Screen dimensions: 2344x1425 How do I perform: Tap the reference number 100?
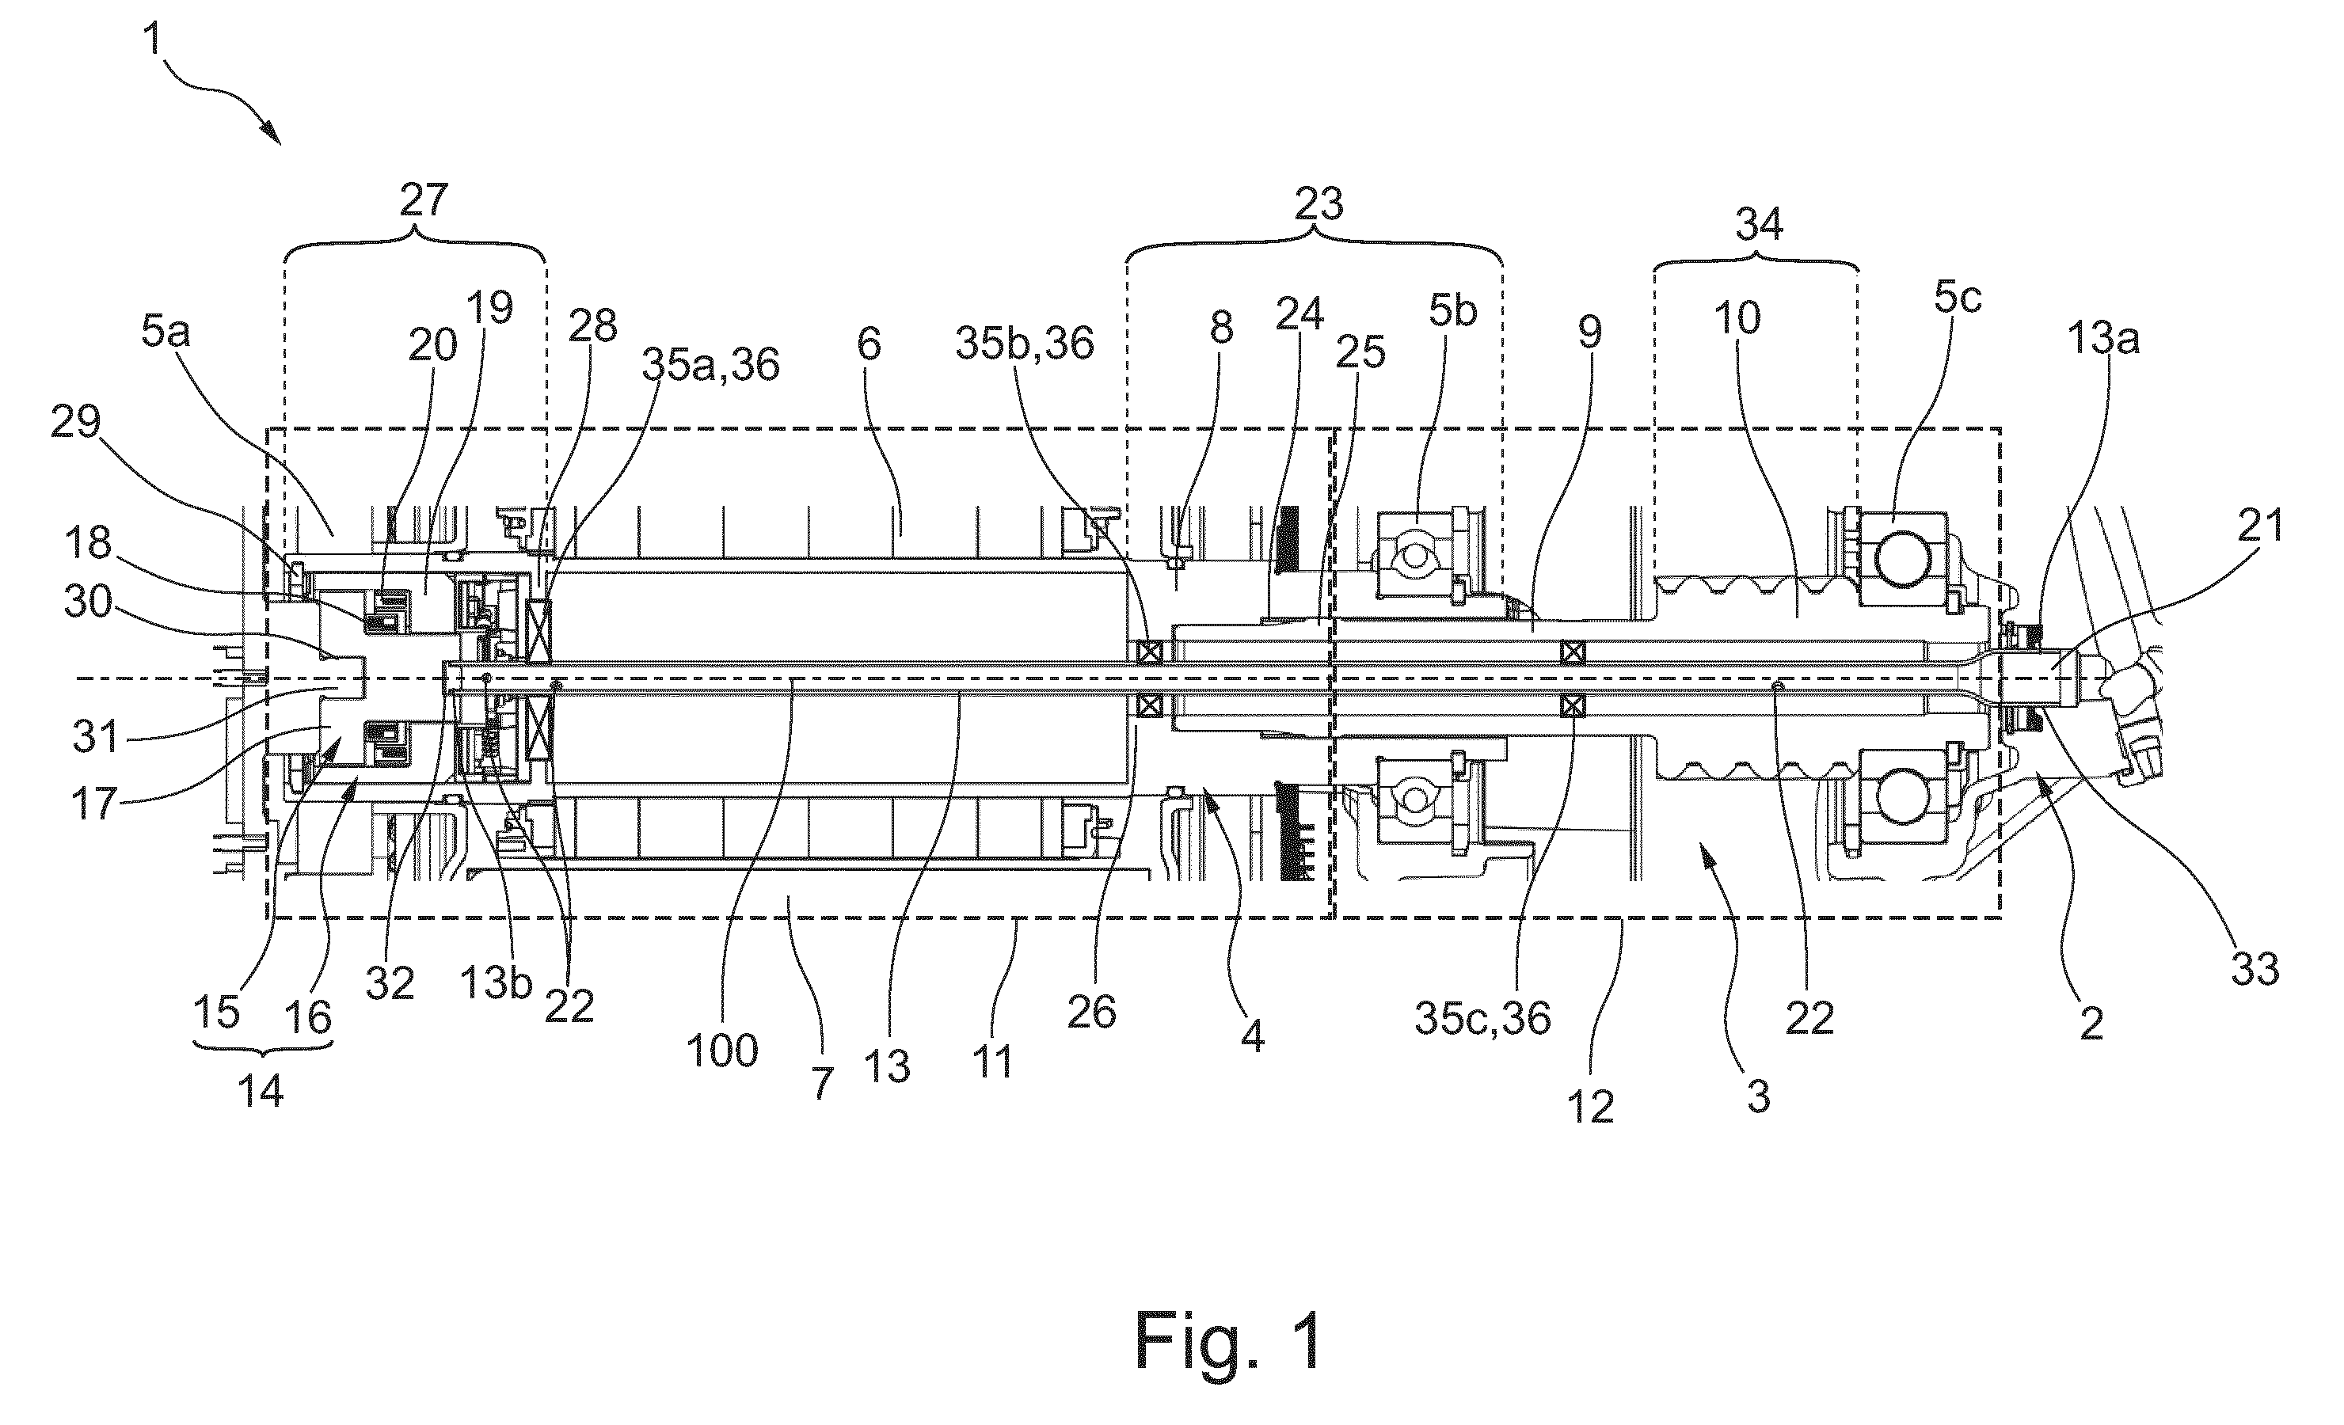click(x=722, y=1051)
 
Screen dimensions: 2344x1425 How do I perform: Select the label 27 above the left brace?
click(x=424, y=201)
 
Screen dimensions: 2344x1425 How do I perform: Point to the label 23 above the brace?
click(x=1318, y=203)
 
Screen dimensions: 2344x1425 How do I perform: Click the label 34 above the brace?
click(x=1759, y=225)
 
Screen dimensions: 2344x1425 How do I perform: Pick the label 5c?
click(x=1958, y=298)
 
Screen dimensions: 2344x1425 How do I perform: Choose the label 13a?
click(x=2103, y=339)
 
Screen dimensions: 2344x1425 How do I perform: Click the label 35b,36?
click(x=1025, y=344)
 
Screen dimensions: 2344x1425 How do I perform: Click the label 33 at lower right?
click(x=2255, y=969)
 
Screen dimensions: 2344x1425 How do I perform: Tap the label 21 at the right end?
click(x=2261, y=524)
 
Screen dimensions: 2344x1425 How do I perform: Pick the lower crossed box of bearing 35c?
click(x=1573, y=706)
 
